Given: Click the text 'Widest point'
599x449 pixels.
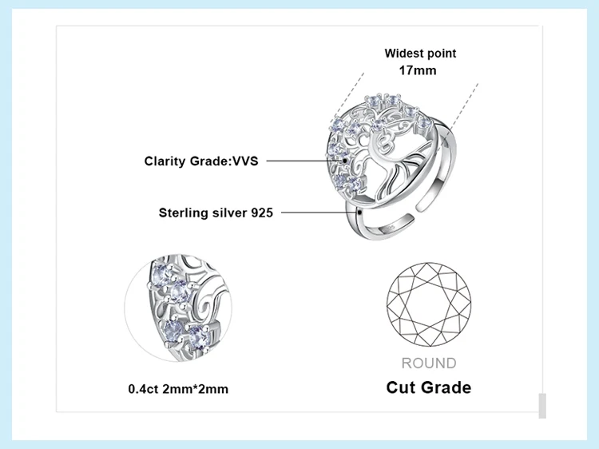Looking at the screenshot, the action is (x=420, y=54).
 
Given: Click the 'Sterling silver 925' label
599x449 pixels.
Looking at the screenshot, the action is (x=216, y=213).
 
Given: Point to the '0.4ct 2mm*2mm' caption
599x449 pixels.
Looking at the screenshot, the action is (x=178, y=389).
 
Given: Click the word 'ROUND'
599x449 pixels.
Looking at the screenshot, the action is (x=429, y=364).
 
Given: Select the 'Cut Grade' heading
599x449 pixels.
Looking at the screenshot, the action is (x=429, y=387).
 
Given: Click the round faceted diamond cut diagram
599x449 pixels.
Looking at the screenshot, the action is (x=429, y=306).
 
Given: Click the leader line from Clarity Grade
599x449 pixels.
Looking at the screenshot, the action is (x=303, y=161).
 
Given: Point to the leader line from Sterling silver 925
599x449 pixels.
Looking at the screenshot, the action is (x=319, y=213).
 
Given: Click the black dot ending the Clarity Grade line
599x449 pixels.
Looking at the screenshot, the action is (x=345, y=161).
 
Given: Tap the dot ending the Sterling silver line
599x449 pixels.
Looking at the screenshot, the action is (x=362, y=213).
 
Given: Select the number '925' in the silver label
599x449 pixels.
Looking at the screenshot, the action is (x=262, y=213).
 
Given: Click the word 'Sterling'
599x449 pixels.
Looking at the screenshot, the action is (x=185, y=213).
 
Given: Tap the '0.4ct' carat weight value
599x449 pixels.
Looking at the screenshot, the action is (x=142, y=389).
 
